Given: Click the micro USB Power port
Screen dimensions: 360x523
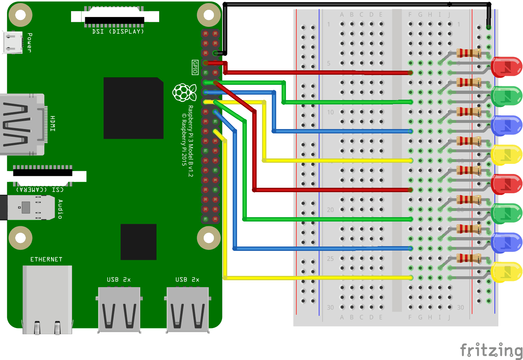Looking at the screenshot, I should click(x=13, y=42).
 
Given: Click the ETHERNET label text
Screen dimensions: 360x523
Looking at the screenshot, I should click(x=46, y=259).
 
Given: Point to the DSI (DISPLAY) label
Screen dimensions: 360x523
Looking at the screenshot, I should click(x=118, y=32).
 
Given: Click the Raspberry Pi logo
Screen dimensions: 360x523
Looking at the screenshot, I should click(x=184, y=92).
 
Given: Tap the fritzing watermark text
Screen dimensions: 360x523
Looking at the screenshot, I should click(x=491, y=351).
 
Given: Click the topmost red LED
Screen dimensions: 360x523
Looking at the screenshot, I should click(x=506, y=67).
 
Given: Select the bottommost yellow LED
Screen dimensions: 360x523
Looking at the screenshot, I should click(x=506, y=272).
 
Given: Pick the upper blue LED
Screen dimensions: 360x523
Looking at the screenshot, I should click(x=506, y=125).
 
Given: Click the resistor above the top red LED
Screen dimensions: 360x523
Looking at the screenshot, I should click(x=469, y=53).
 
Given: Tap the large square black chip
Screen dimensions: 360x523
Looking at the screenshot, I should click(x=133, y=108).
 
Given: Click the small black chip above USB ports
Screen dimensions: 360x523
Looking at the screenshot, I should click(x=138, y=242).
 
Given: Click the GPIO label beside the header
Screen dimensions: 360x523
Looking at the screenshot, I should click(x=195, y=67).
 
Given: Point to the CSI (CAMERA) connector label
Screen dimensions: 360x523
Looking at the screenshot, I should click(x=40, y=189).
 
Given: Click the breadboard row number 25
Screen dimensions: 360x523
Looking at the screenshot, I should click(x=330, y=258).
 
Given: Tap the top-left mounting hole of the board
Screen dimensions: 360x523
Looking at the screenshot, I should click(x=20, y=15).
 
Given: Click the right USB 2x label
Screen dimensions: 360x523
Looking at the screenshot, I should click(x=187, y=280).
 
